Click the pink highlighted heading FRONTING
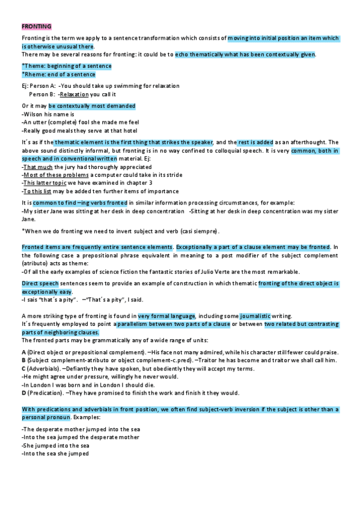[36, 26]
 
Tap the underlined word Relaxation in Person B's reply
[74, 94]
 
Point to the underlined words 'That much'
[37, 167]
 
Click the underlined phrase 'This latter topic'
[44, 182]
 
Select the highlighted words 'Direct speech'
[40, 283]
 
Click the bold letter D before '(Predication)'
[23, 393]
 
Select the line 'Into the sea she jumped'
[55, 454]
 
